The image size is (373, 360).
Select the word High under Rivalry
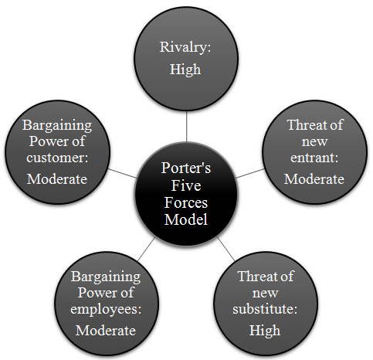(x=185, y=70)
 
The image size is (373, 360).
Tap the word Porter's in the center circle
(x=186, y=168)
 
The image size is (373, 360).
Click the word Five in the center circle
(x=186, y=185)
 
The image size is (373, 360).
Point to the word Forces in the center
(x=186, y=202)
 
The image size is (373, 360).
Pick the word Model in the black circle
(x=186, y=219)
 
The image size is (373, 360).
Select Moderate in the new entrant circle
(x=314, y=179)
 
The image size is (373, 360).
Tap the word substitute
(x=265, y=309)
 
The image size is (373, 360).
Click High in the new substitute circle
(x=265, y=331)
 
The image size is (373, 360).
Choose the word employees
(x=106, y=309)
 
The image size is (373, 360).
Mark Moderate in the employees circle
(x=106, y=331)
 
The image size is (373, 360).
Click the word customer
(x=57, y=158)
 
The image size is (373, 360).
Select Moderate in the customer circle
(x=57, y=179)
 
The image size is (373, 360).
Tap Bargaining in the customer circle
(x=57, y=126)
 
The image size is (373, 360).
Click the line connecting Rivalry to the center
(x=186, y=127)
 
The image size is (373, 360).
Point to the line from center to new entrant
(x=250, y=173)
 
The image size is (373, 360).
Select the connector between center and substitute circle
(x=226, y=249)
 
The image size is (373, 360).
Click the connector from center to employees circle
(x=147, y=249)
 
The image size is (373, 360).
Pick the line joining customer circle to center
(x=122, y=173)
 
